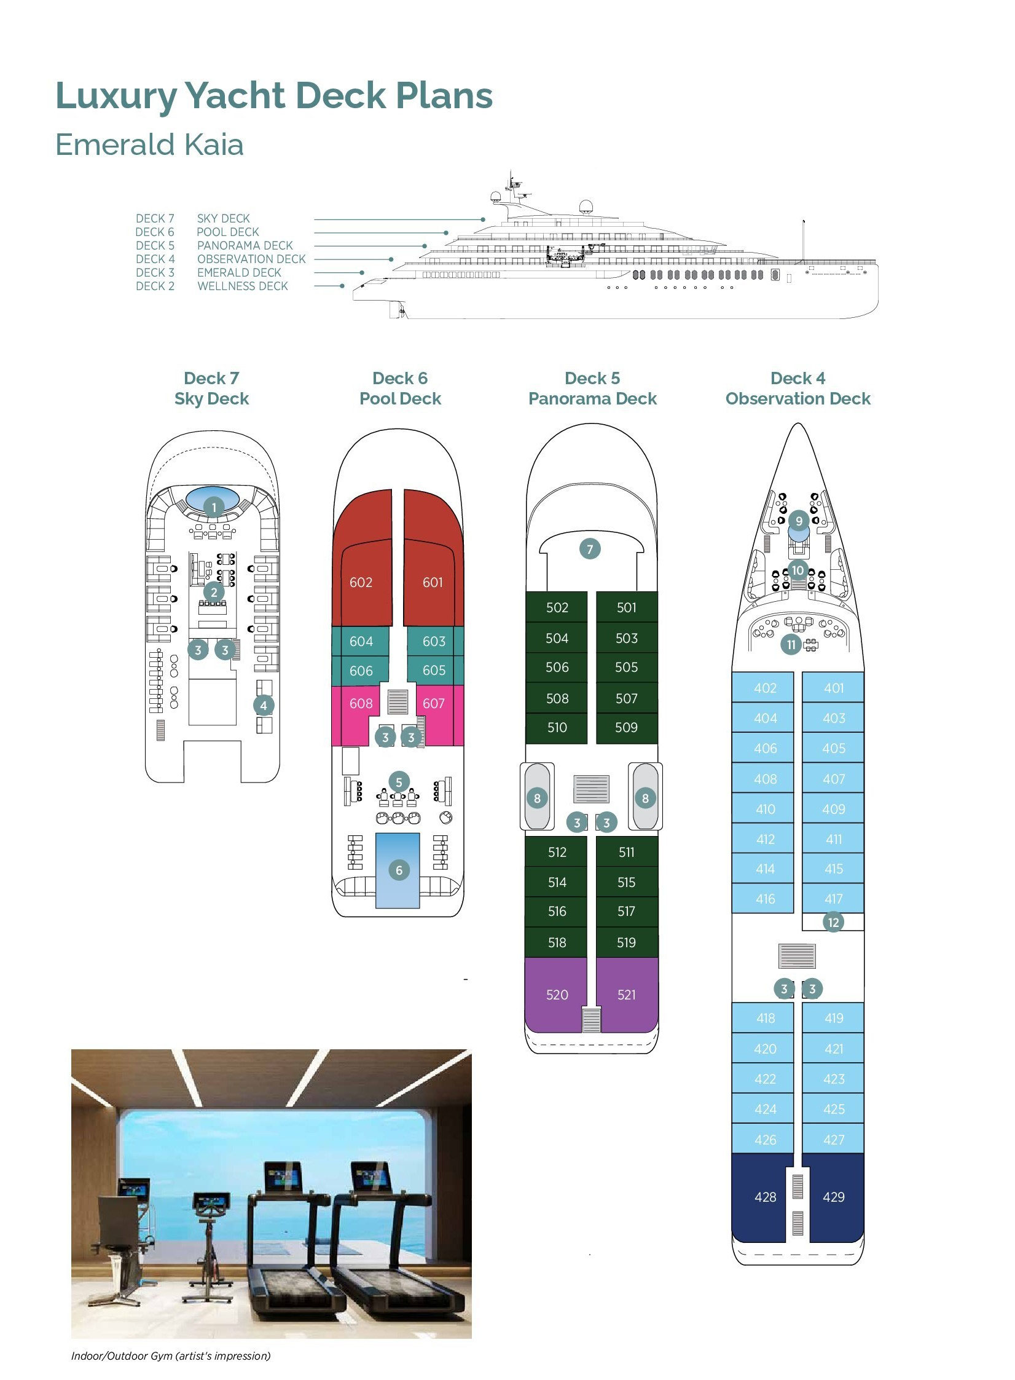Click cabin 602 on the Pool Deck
point(361,582)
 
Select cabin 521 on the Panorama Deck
point(626,995)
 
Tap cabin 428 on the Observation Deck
point(765,1197)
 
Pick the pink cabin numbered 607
point(433,703)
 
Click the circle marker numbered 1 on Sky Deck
point(213,507)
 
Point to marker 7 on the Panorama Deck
point(590,549)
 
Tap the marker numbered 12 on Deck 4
point(833,923)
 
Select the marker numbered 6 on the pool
point(399,870)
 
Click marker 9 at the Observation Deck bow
point(799,521)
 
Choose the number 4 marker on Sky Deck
point(264,706)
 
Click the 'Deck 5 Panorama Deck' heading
point(592,388)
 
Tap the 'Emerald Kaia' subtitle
point(149,145)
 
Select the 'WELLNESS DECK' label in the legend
point(243,286)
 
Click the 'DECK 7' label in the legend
point(155,218)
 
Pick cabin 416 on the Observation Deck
point(765,899)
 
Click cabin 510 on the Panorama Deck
point(557,727)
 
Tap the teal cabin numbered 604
point(361,641)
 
